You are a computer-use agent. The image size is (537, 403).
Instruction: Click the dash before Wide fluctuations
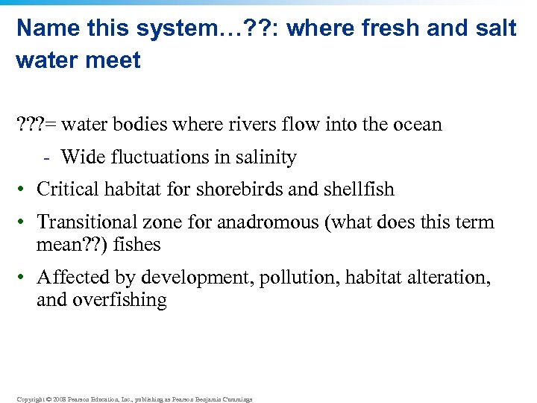point(47,158)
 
